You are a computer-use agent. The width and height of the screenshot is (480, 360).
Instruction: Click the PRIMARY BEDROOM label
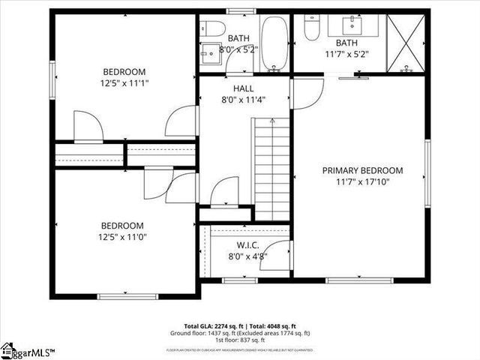(x=362, y=170)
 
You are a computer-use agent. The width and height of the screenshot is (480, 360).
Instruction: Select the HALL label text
(x=243, y=88)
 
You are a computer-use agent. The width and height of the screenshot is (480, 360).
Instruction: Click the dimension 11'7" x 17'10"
(x=362, y=181)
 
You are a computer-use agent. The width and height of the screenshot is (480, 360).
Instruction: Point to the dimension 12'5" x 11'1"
(x=126, y=84)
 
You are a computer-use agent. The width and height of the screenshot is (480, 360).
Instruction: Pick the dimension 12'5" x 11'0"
(x=122, y=237)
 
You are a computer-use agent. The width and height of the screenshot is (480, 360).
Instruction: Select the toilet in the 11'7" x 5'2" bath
(x=312, y=28)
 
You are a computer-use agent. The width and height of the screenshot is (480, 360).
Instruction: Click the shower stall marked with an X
(x=406, y=43)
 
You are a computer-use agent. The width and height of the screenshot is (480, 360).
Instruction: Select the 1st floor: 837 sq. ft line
(x=239, y=340)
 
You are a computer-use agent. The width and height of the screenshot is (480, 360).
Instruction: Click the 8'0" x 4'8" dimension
(x=247, y=256)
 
